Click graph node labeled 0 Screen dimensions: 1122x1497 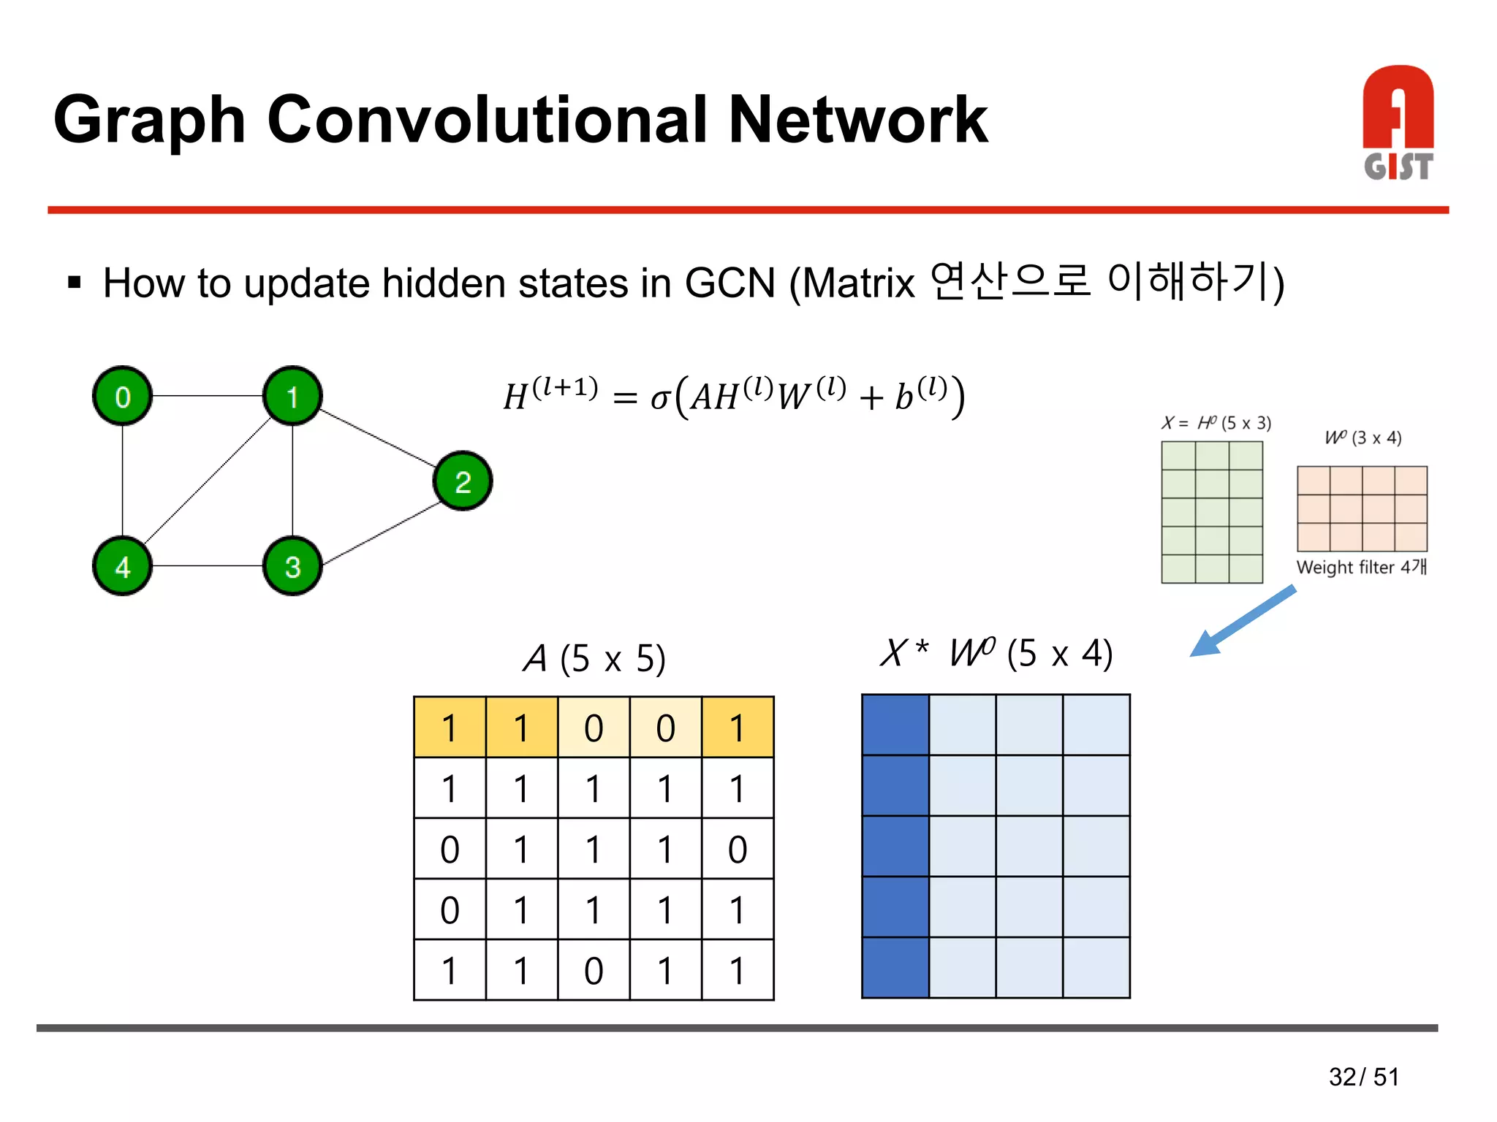pos(122,396)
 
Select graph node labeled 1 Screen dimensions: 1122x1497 pos(292,396)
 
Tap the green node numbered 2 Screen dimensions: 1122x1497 pos(463,481)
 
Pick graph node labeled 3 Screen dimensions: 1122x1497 pos(292,566)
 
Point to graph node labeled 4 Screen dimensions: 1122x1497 pos(122,566)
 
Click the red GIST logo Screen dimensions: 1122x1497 pos(1398,123)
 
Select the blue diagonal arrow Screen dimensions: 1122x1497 pos(1243,621)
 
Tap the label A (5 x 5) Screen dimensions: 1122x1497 pos(594,658)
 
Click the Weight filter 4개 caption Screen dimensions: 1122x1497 pos(1361,568)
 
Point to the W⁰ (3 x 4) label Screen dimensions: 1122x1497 pos(1363,438)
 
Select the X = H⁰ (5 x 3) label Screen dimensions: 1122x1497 pos(1216,423)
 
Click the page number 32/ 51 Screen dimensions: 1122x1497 pos(1363,1077)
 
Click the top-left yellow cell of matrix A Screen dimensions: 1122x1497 pos(450,728)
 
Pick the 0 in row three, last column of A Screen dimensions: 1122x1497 pos(737,850)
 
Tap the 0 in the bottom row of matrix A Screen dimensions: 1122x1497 pos(594,971)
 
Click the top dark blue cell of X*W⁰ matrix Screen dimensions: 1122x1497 pos(895,725)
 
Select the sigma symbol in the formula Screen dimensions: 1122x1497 pos(659,398)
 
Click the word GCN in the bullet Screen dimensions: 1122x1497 pos(729,283)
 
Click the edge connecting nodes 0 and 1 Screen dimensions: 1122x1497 pos(208,396)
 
